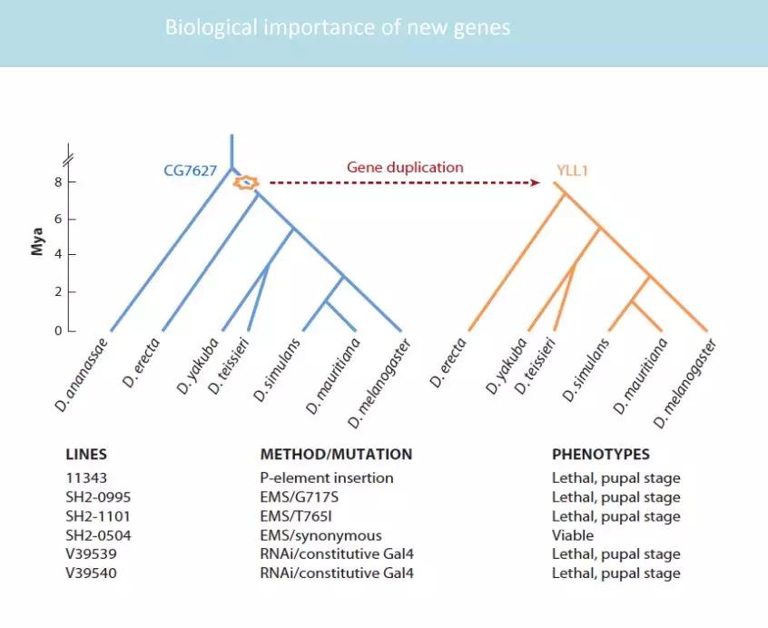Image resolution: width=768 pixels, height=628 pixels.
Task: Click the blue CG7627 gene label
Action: [x=190, y=171]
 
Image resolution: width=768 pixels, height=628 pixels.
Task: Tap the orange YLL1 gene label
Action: [x=572, y=171]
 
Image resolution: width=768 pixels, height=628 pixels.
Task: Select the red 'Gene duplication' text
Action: [x=405, y=167]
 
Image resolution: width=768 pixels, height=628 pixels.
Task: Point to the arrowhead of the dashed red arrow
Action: [x=536, y=182]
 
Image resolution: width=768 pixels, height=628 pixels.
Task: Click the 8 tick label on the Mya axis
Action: [x=58, y=182]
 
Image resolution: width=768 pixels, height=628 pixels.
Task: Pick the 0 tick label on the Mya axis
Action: [x=58, y=331]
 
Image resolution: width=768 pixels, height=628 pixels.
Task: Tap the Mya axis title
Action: [x=37, y=241]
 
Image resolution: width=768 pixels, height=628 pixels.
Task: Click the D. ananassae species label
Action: [x=81, y=375]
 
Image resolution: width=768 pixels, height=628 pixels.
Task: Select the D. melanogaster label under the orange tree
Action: [x=685, y=383]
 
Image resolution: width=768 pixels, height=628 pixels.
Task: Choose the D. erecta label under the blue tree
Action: [x=141, y=363]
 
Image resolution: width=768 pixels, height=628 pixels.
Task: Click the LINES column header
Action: [x=86, y=455]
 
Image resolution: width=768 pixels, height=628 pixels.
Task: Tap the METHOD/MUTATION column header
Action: [x=336, y=455]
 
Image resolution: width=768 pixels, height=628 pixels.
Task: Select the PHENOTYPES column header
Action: [x=601, y=455]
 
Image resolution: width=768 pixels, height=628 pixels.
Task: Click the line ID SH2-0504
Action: [x=98, y=535]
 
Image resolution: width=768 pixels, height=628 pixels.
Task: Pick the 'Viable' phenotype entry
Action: [x=573, y=535]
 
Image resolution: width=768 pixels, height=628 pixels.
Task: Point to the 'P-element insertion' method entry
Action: [x=327, y=477]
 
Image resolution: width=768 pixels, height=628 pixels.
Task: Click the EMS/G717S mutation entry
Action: [x=300, y=497]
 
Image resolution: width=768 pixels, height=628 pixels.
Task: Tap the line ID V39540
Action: [x=91, y=574]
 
